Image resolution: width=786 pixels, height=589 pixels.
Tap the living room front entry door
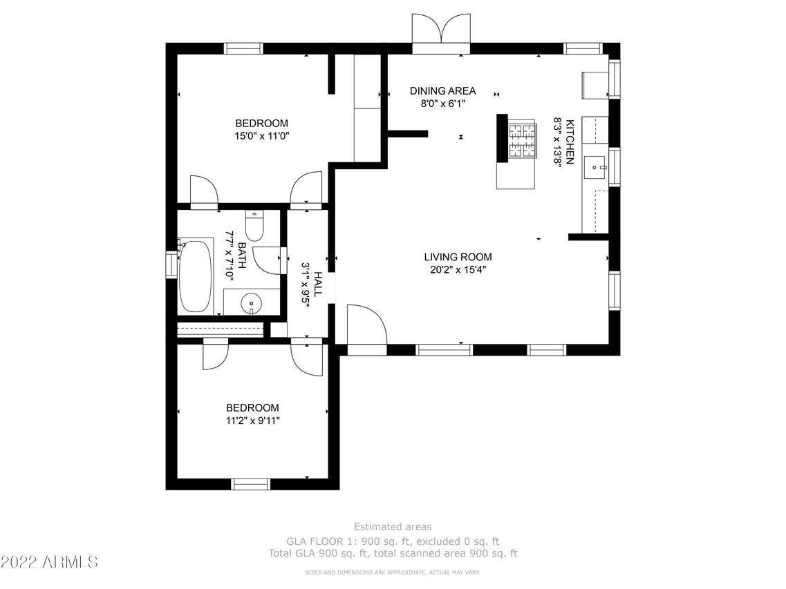coord(367,325)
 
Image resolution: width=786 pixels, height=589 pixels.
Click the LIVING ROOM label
coord(458,258)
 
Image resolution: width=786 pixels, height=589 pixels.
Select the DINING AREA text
coord(442,91)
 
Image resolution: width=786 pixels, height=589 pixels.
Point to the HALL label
coord(318,284)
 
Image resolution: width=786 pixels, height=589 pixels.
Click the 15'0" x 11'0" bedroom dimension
coord(261,137)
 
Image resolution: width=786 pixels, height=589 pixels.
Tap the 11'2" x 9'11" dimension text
coord(252,420)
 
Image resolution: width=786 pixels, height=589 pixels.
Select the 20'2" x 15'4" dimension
coord(458,270)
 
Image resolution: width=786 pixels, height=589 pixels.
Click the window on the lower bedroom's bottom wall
coord(250,484)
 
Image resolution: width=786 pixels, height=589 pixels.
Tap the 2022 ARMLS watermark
coord(49,561)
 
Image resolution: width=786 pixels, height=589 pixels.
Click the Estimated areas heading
coord(393,527)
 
